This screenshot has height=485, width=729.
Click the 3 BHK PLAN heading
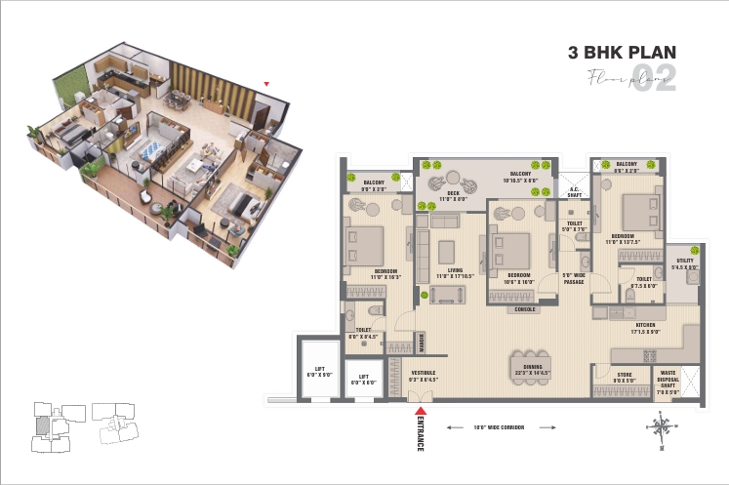pyautogui.click(x=622, y=53)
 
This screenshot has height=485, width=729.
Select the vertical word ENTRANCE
pyautogui.click(x=421, y=434)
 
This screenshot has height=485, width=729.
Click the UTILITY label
pyautogui.click(x=686, y=263)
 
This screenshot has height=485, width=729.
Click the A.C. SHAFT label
pyautogui.click(x=576, y=193)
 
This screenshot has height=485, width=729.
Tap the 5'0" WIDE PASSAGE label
pyautogui.click(x=573, y=278)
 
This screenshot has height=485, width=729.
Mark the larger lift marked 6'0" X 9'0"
pyautogui.click(x=319, y=370)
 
